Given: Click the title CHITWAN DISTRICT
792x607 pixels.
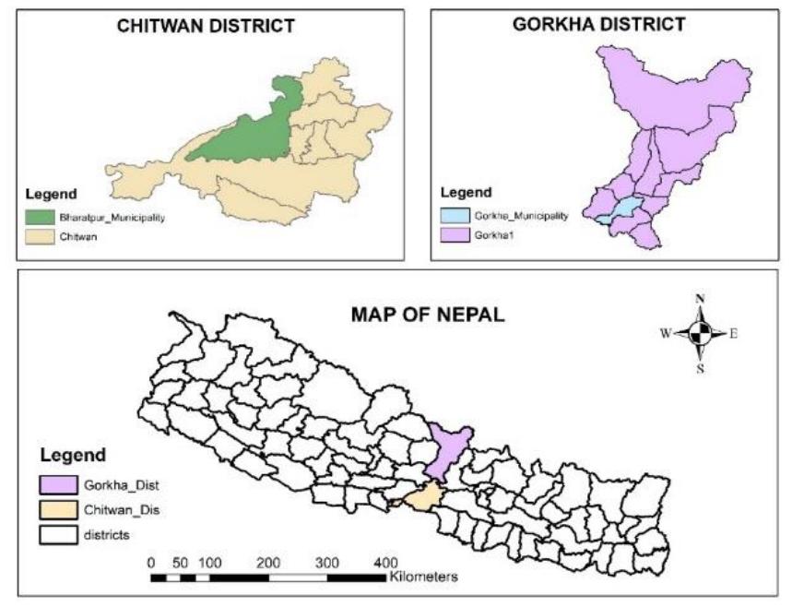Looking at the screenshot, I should (x=206, y=27).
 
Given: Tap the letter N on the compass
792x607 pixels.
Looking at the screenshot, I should (x=700, y=299).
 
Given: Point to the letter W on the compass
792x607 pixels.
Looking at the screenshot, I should (x=664, y=335).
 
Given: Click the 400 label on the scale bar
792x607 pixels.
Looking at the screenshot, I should (x=384, y=562).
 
